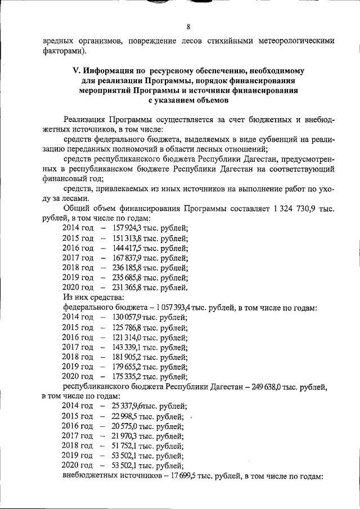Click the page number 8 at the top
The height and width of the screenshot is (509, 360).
[x=188, y=26]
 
